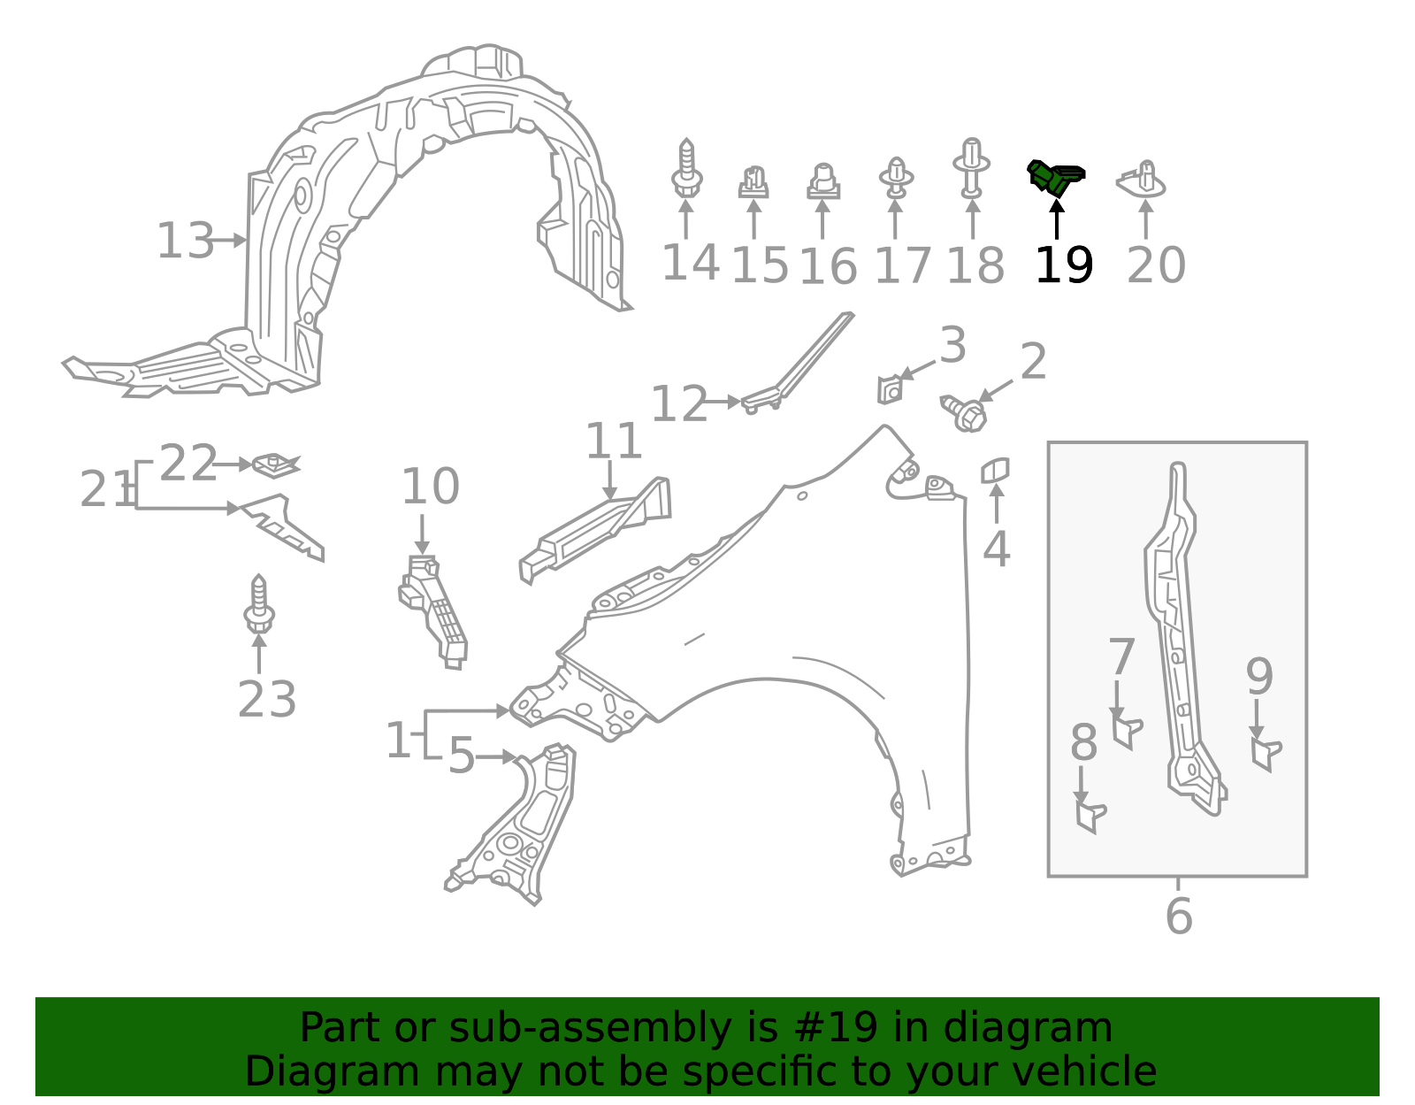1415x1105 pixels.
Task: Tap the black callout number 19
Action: click(1064, 265)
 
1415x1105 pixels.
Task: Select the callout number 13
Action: click(185, 241)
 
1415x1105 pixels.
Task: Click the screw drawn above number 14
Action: click(686, 170)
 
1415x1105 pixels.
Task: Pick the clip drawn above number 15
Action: click(753, 182)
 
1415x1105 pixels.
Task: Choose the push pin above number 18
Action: click(971, 168)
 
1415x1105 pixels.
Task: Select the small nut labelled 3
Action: click(890, 389)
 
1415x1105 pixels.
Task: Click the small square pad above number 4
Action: click(995, 470)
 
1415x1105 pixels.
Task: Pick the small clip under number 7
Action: click(1125, 733)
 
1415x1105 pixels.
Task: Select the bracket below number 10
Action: click(434, 610)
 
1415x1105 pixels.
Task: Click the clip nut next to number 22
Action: click(275, 464)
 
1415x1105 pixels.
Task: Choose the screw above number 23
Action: click(258, 605)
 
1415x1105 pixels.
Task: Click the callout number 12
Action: click(678, 403)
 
